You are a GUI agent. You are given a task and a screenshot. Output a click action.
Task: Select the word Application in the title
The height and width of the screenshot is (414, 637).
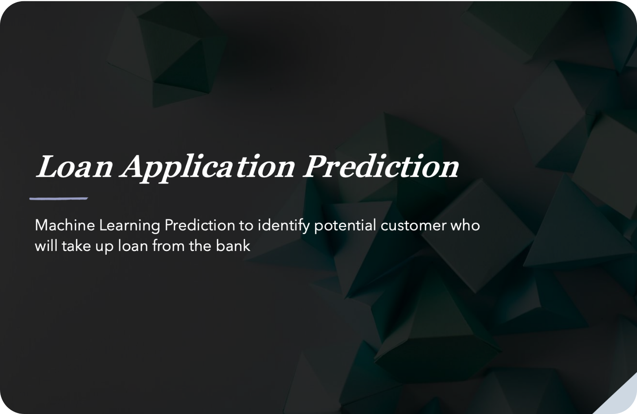[207, 168]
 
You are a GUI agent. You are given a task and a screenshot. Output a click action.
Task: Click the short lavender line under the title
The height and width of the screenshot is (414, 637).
[59, 198]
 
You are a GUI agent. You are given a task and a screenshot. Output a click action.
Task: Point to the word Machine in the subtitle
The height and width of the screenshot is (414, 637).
[65, 225]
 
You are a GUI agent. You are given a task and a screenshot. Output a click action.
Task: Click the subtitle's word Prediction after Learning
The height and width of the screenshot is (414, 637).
[200, 225]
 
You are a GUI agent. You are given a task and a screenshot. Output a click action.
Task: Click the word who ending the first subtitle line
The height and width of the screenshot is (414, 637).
[466, 225]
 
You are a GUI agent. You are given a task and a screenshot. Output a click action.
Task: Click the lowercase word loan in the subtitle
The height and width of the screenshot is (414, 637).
[133, 246]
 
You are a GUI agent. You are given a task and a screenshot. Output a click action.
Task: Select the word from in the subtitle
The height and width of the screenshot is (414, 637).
[169, 246]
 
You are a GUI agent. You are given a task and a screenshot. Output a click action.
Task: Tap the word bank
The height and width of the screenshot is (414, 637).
[233, 246]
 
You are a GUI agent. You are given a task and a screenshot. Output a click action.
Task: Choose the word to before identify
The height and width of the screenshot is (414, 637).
[246, 226]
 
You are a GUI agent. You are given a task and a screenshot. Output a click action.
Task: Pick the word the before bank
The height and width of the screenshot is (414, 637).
[200, 246]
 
